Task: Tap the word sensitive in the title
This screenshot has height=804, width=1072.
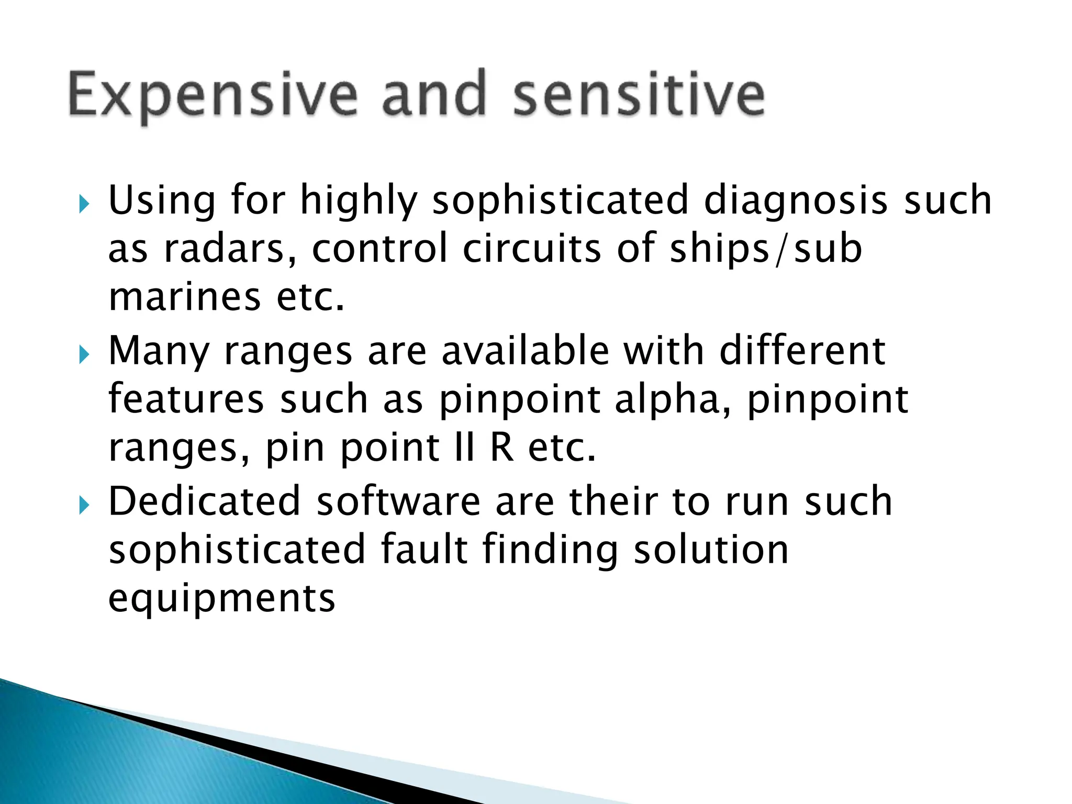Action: (639, 94)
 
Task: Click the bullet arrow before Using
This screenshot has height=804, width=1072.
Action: (84, 203)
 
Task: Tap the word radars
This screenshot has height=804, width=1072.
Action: (229, 249)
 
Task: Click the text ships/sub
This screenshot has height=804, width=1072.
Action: (765, 249)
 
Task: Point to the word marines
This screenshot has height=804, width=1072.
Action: (184, 297)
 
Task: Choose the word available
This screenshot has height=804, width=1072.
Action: (526, 351)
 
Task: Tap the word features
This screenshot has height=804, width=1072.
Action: (186, 399)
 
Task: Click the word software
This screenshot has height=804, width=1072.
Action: (398, 501)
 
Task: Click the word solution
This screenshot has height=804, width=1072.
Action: (711, 550)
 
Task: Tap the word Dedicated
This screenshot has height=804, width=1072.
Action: (204, 501)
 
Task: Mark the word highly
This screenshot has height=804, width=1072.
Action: (359, 202)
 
